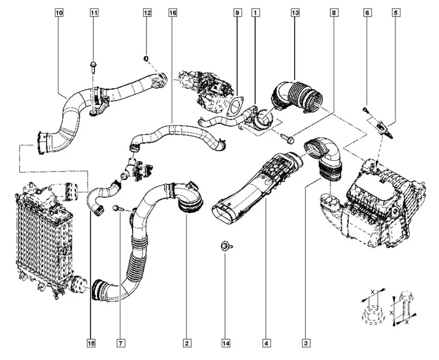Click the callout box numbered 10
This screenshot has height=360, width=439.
click(59, 12)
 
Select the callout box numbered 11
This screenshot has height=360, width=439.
click(94, 12)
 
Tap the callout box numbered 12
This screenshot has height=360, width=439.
click(147, 12)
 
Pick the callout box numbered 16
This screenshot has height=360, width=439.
click(172, 12)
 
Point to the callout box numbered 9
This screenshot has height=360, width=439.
click(237, 12)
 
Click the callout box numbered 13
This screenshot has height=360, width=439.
click(295, 12)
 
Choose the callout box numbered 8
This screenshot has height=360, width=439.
click(334, 12)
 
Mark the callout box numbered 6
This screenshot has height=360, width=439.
click(367, 12)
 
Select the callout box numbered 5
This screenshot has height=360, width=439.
click(395, 12)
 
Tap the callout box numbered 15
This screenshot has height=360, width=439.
click(91, 344)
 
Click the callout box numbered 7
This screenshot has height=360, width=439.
click(120, 344)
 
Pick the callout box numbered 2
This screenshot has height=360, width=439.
click(187, 344)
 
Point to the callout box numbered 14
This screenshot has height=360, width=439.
click(226, 344)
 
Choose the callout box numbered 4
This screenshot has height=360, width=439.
click(266, 344)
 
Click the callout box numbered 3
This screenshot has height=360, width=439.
click(305, 344)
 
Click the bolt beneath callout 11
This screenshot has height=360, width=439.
click(93, 69)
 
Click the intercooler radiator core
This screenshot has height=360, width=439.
click(41, 236)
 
